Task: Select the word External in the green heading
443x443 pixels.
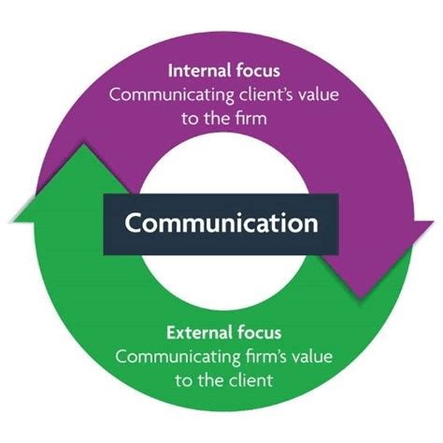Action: tap(195, 333)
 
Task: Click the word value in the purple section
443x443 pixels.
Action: tap(311, 93)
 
